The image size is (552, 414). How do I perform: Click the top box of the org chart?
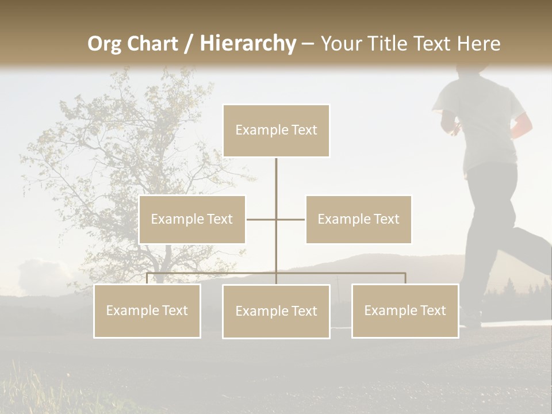coord(276,131)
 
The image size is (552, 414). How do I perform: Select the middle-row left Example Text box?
coord(192,219)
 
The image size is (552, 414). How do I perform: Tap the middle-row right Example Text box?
coord(358,219)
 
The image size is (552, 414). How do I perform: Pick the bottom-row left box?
coord(147,310)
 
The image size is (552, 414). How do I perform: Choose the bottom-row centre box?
coord(276,311)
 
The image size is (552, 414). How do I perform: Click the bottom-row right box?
coord(405,310)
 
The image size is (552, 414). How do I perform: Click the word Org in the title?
coord(104,44)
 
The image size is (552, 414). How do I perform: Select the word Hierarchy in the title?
coord(248,44)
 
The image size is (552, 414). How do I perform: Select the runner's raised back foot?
coord(540,241)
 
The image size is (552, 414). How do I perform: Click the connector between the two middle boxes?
coord(276,219)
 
